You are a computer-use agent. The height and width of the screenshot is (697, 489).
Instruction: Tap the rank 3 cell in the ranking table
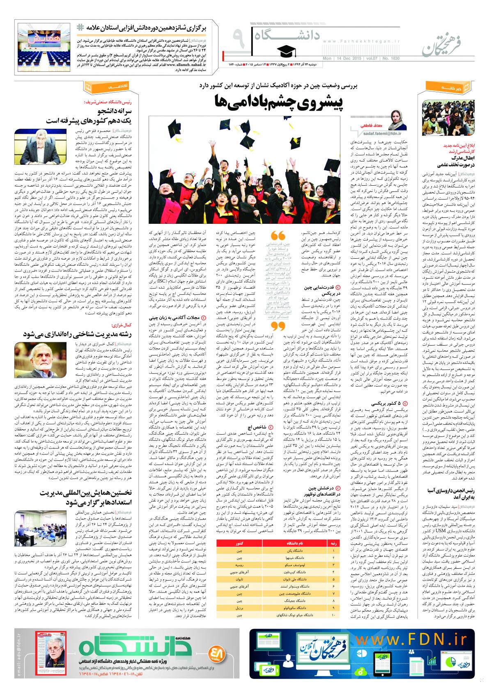coord(333,565)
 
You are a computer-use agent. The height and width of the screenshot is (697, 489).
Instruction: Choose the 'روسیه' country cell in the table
coord(239,565)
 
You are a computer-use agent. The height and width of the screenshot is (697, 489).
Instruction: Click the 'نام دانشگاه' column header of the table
coord(289,543)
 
